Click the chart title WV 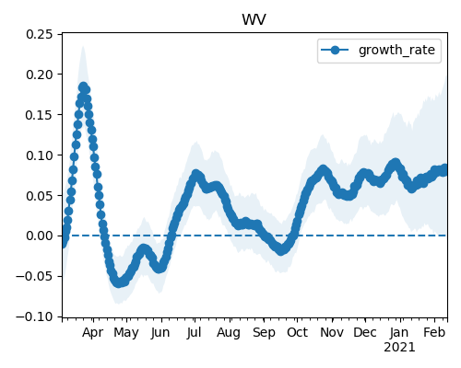(x=254, y=20)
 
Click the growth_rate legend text (x=396, y=50)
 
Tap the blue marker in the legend (x=335, y=50)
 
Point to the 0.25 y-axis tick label (x=40, y=34)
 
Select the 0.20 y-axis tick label (x=40, y=75)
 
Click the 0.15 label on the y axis (x=40, y=115)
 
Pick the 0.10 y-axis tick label (x=40, y=155)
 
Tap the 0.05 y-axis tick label (x=40, y=196)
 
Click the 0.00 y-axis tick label (x=40, y=236)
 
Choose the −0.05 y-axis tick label (x=35, y=276)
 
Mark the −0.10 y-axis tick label (x=35, y=316)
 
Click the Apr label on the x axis (x=93, y=333)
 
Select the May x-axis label (x=126, y=333)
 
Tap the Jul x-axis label (x=195, y=332)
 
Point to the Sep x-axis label (x=264, y=333)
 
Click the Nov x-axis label (x=332, y=332)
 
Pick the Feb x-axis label (x=434, y=332)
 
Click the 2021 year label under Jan (x=399, y=348)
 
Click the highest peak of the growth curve (x=83, y=86)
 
